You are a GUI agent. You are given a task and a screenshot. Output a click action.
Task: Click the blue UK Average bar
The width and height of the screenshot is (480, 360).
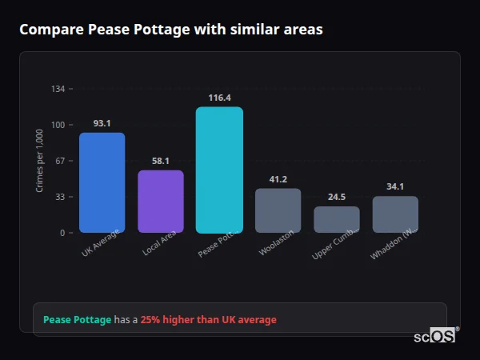[102, 182]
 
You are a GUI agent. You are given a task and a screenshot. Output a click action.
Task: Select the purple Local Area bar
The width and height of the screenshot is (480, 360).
[161, 202]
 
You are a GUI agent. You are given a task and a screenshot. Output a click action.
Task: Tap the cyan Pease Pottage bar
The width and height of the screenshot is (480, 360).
[219, 170]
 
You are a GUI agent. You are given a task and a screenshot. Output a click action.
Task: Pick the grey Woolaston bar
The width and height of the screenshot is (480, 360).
[278, 210]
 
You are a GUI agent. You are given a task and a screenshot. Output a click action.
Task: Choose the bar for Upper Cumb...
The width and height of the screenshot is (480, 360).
[337, 219]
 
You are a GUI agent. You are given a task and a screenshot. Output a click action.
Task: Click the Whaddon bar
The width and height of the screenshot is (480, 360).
[395, 214]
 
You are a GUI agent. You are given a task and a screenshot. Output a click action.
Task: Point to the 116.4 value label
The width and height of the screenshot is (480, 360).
[219, 98]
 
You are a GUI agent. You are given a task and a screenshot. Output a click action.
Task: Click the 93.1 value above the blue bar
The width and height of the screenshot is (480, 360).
[102, 123]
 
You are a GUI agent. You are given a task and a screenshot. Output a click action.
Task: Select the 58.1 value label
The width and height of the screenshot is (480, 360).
[161, 161]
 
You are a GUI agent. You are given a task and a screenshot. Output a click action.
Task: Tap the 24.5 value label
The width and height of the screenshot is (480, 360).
[337, 197]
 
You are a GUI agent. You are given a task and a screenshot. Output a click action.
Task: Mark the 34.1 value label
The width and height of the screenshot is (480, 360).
[395, 186]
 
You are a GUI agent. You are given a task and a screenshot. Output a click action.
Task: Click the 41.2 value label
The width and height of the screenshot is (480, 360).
[278, 179]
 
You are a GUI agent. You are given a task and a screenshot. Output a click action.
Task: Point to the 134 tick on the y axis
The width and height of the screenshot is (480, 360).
[58, 89]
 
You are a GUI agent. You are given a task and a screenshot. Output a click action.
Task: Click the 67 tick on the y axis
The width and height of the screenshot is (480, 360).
[60, 161]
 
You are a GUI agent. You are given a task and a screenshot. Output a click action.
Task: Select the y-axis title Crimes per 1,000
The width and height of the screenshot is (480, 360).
[40, 161]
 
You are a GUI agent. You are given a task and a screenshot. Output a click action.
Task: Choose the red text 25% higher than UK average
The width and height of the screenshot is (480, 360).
[208, 320]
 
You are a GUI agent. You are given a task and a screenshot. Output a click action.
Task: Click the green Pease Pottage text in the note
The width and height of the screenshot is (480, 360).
[77, 320]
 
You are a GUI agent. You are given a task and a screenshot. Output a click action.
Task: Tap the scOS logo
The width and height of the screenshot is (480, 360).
[435, 336]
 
